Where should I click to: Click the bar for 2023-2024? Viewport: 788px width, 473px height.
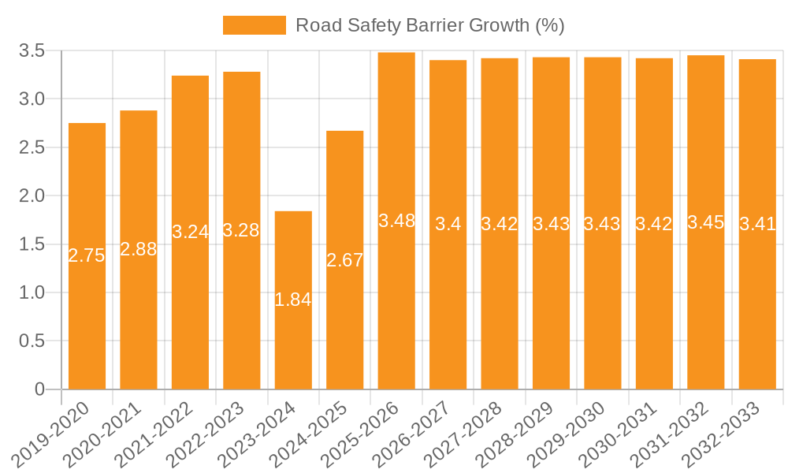pos(293,260)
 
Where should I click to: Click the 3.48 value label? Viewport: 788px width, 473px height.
pos(396,221)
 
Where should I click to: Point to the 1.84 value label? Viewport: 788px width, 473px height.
pos(293,300)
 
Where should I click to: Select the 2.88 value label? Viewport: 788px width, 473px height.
pos(139,249)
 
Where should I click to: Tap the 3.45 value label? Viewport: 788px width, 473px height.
pos(706,222)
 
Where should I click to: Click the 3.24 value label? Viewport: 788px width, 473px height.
pos(190,232)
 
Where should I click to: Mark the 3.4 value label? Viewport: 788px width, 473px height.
pos(448,224)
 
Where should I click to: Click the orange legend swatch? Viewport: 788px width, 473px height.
pos(254,25)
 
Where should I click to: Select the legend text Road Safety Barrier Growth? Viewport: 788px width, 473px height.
pos(430,25)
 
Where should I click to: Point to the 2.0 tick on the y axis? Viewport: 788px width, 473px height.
pos(32,196)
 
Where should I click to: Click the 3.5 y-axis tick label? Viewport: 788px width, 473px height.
pos(32,50)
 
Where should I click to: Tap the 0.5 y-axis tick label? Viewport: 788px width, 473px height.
pos(32,341)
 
